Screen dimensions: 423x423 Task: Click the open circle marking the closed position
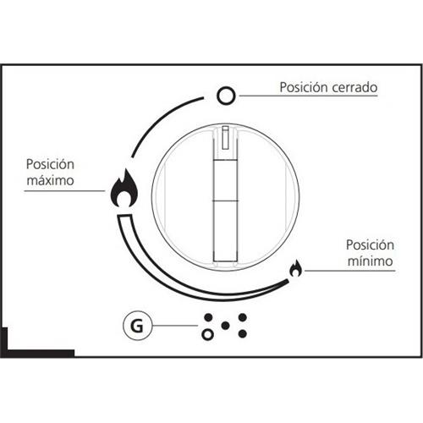tap(226, 96)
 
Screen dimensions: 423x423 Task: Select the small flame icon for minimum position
tap(295, 268)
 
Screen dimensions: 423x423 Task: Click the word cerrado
tap(354, 87)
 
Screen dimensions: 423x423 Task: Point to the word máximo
tap(51, 180)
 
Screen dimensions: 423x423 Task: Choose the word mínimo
tap(371, 261)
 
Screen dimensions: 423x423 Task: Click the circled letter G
tap(137, 326)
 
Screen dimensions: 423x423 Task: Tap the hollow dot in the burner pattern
tap(208, 335)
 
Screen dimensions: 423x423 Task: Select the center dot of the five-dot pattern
tap(225, 326)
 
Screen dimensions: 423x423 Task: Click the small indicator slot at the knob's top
tap(225, 138)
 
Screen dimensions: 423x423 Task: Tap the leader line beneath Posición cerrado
tap(308, 96)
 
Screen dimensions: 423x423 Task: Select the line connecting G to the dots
tap(175, 326)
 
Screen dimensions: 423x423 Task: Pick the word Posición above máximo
tap(50, 164)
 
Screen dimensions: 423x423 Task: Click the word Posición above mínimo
tap(370, 244)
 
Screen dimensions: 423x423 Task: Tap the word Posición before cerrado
tap(304, 87)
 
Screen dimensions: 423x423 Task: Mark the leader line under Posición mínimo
tap(350, 271)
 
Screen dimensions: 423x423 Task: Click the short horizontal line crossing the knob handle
tap(225, 201)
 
